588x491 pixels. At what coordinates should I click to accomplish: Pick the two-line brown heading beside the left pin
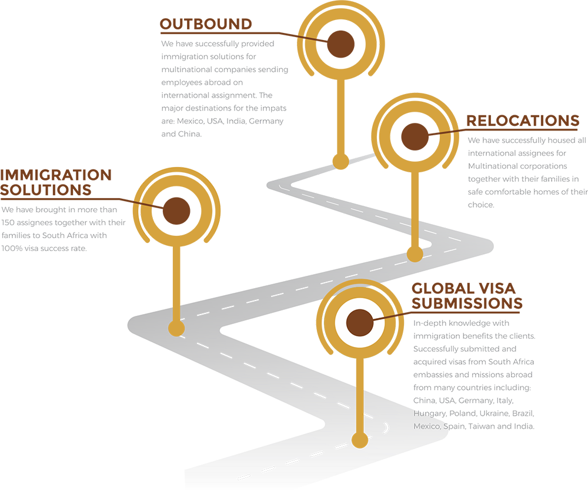(x=62, y=183)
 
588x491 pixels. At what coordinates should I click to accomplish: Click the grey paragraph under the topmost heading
(x=223, y=82)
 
